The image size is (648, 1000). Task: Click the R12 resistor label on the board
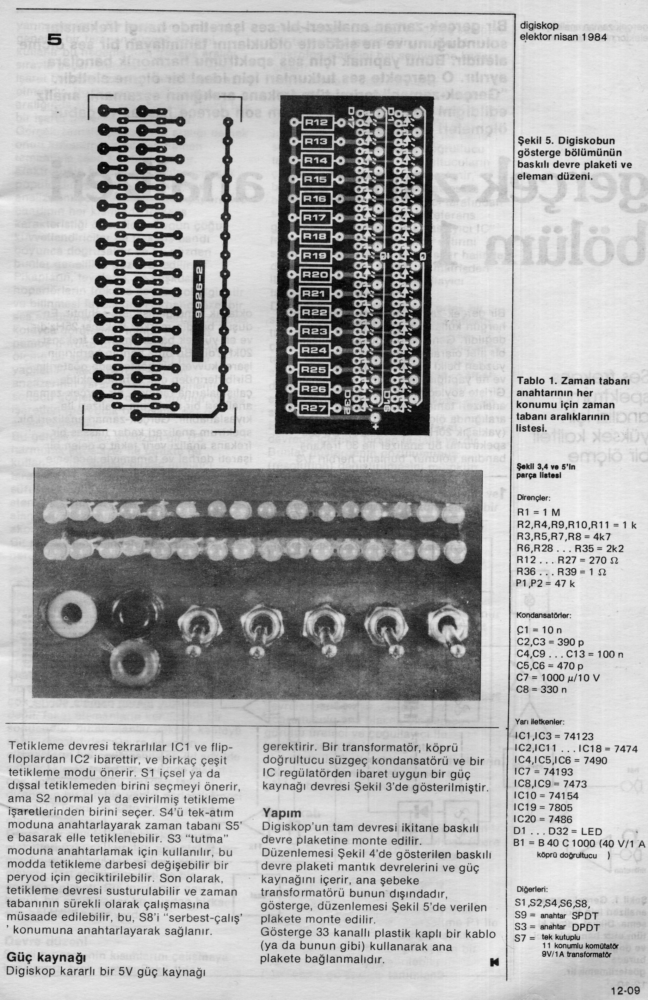coord(316,122)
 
